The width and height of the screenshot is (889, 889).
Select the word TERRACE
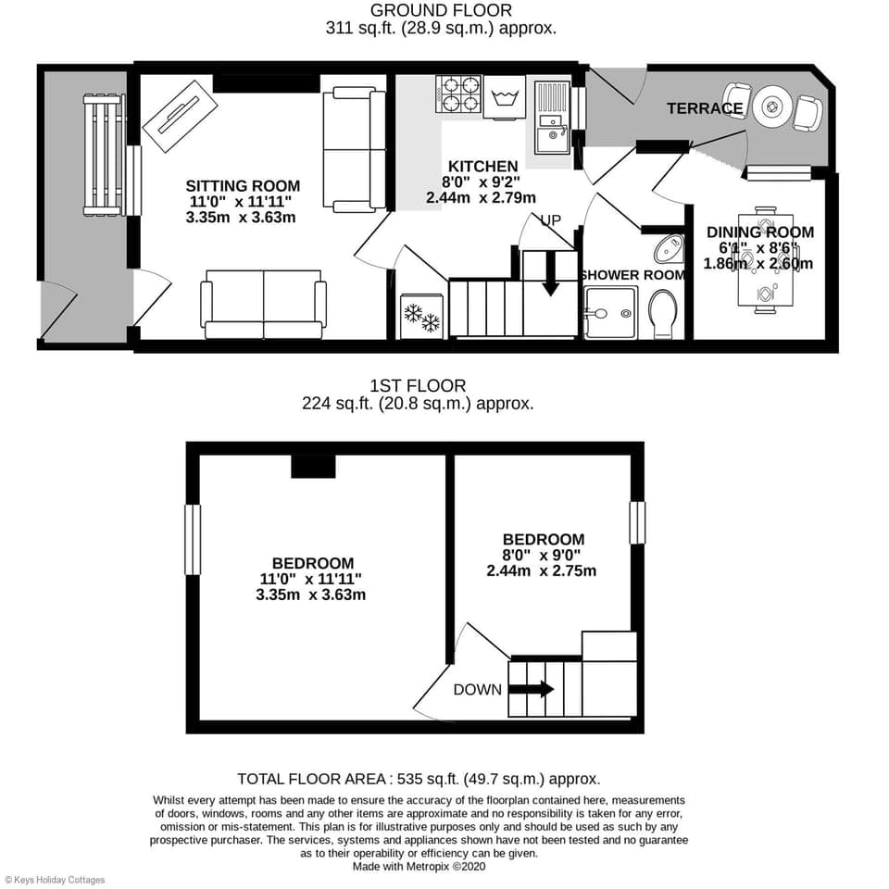tap(705, 109)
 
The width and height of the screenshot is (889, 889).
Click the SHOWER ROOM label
tap(633, 275)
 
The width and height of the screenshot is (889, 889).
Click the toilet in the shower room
tap(664, 313)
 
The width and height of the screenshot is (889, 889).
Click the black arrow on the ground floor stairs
tap(550, 275)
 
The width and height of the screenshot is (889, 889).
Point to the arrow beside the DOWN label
tap(531, 689)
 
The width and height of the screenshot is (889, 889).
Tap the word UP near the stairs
tap(552, 219)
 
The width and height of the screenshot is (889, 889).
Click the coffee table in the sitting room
tap(180, 117)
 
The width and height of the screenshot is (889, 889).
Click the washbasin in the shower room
tap(670, 249)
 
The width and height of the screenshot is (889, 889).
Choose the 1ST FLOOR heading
tap(418, 385)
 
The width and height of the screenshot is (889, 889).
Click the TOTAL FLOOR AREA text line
tap(418, 779)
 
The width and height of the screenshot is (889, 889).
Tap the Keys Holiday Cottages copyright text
tap(55, 880)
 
